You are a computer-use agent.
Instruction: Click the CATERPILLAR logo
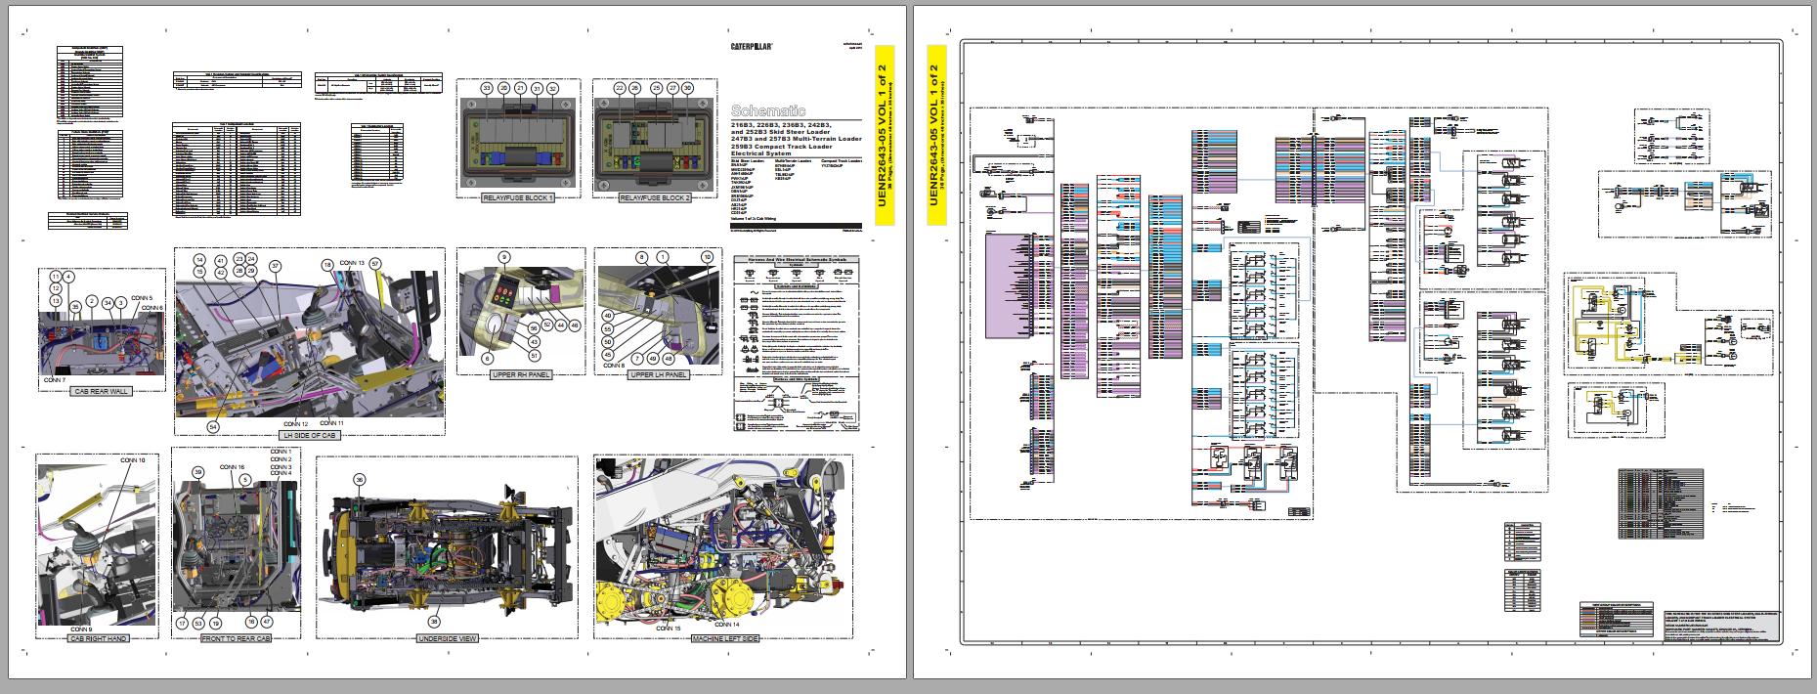click(753, 46)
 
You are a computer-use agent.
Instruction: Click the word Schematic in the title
click(768, 111)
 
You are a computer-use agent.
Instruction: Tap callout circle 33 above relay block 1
click(486, 88)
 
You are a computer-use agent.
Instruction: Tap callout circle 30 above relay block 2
click(687, 88)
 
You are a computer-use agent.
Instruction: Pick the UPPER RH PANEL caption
click(520, 374)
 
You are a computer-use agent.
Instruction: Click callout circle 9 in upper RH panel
click(504, 257)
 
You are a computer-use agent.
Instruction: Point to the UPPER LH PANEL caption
click(658, 374)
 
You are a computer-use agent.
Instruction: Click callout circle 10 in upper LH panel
click(707, 257)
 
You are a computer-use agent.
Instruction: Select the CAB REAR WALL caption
click(102, 391)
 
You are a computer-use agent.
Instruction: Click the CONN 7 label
click(56, 378)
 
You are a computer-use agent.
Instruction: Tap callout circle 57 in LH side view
click(374, 264)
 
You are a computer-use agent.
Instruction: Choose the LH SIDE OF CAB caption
click(309, 435)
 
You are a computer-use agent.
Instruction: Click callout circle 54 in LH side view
click(213, 426)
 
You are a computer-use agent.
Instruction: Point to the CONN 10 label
click(133, 459)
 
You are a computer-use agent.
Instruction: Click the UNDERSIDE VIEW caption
click(447, 638)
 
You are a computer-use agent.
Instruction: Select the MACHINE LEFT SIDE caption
click(725, 638)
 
